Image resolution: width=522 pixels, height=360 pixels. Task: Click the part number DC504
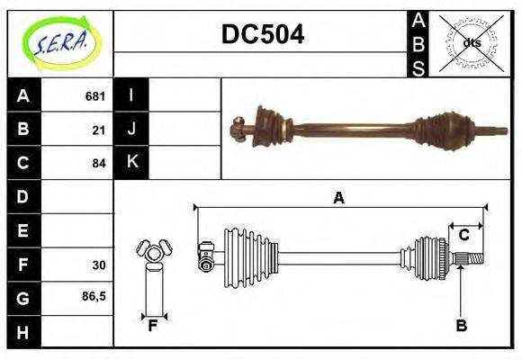coord(263,35)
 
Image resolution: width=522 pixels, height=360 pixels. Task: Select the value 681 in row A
coord(95,96)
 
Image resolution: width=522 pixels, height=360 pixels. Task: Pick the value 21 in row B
coord(99,130)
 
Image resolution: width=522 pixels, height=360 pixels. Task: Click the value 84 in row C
coord(99,163)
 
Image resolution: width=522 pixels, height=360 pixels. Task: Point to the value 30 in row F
coord(99,265)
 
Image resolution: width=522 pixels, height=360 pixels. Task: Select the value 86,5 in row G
coord(94,295)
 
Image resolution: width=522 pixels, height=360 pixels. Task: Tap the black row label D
coord(23,196)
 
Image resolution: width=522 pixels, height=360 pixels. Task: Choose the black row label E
coord(23,230)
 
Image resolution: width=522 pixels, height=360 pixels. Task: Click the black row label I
coord(131,95)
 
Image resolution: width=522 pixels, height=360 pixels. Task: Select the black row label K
coord(131,162)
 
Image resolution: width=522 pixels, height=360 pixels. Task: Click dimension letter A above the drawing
coord(338,198)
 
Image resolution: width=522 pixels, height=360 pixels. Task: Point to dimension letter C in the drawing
coord(464,235)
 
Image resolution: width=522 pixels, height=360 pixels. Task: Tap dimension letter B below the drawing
coord(461,326)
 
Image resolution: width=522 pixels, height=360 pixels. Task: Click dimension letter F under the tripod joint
coord(153,326)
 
